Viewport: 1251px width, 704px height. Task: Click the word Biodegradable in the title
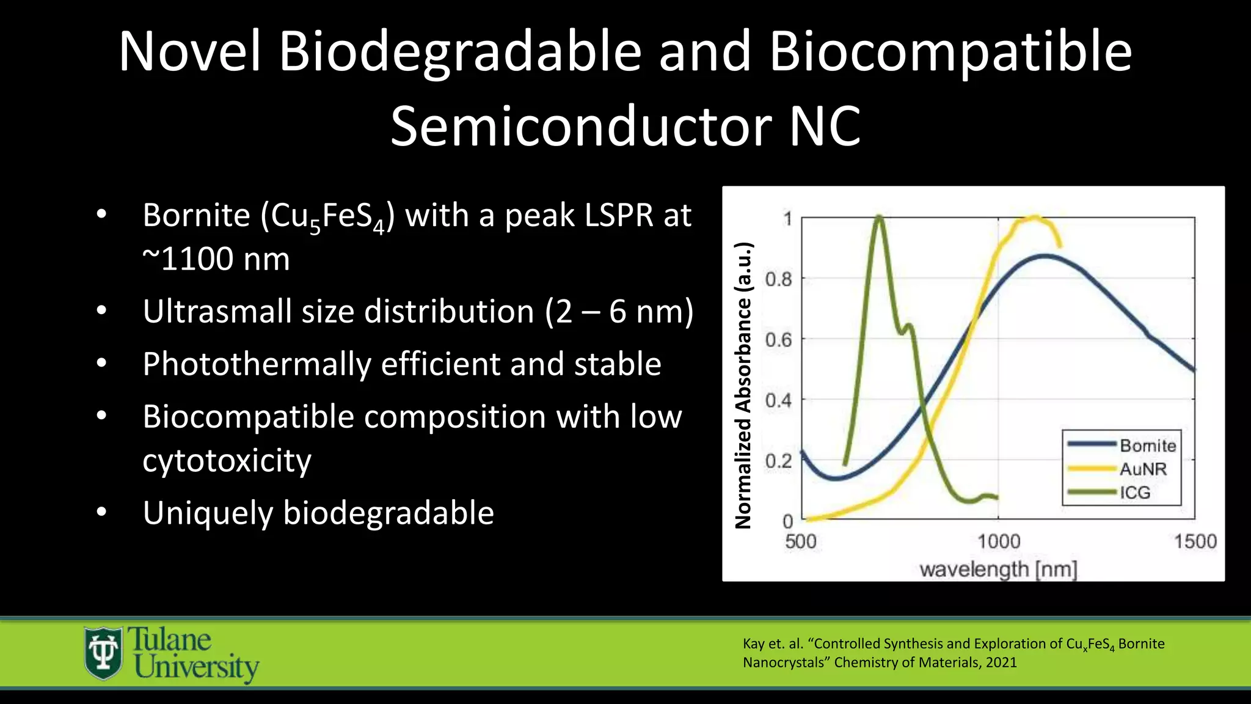point(459,52)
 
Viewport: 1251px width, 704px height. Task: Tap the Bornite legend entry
point(1147,446)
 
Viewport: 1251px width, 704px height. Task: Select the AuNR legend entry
point(1142,469)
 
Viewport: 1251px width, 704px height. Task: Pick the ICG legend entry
point(1134,493)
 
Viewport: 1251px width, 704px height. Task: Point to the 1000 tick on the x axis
point(999,541)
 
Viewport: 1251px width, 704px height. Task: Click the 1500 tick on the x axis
point(1195,541)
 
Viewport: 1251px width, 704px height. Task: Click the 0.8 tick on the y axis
point(778,279)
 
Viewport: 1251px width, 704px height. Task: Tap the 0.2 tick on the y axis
point(778,461)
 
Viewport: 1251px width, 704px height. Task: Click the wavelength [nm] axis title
point(998,570)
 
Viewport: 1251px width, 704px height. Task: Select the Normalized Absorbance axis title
point(743,385)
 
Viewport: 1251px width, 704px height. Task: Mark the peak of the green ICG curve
point(878,217)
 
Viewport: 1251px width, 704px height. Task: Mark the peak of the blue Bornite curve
point(1045,255)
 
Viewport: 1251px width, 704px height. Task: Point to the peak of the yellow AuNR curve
point(1034,216)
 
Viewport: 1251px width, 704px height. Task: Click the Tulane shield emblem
point(103,653)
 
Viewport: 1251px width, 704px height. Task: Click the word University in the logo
point(197,667)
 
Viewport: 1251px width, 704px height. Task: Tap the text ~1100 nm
point(216,258)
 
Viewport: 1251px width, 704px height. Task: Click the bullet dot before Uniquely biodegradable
point(101,512)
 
